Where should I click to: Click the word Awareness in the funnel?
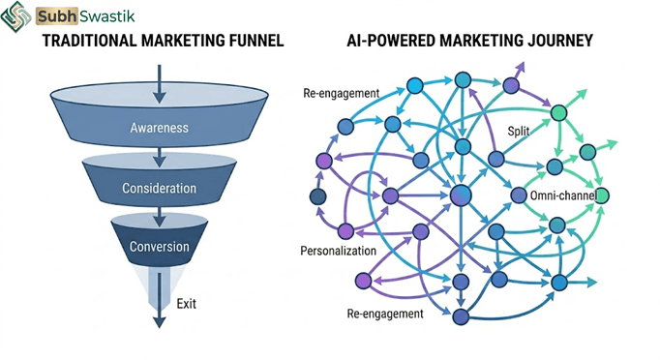(159, 128)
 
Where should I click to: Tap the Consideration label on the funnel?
(159, 188)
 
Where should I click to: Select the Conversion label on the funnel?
(159, 247)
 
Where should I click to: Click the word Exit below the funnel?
(186, 304)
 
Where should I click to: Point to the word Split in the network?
(518, 132)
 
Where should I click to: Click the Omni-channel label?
(563, 195)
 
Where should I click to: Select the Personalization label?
(338, 251)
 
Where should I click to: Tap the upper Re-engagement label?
(341, 93)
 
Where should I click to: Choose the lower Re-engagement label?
(385, 314)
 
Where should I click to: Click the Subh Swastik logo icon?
(15, 16)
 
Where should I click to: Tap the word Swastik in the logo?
(106, 16)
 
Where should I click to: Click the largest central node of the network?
(461, 195)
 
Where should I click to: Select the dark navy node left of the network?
(317, 196)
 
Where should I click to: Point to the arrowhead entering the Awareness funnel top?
(159, 98)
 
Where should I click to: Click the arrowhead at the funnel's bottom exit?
(159, 322)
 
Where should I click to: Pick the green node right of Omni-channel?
(602, 195)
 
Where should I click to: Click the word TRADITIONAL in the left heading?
(90, 41)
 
